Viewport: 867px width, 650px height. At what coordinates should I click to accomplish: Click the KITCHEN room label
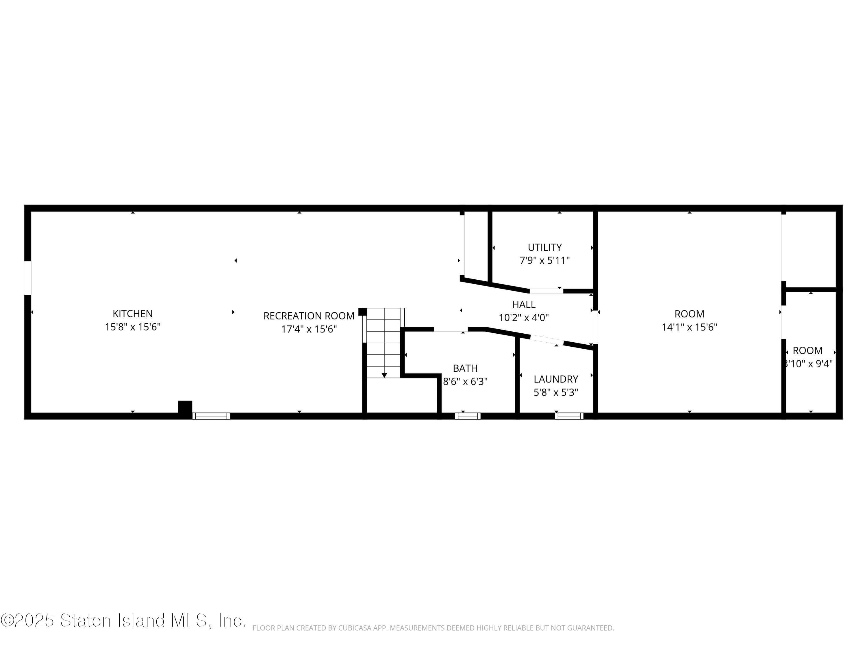pyautogui.click(x=132, y=314)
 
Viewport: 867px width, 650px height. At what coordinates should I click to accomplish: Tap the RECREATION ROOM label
pyautogui.click(x=309, y=316)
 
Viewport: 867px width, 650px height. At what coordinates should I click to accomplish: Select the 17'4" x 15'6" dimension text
pyautogui.click(x=309, y=329)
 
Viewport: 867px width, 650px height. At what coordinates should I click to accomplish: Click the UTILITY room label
pyautogui.click(x=544, y=248)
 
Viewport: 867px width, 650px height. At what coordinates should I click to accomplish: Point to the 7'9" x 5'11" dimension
pyautogui.click(x=544, y=261)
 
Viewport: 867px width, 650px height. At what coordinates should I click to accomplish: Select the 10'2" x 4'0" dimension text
pyautogui.click(x=524, y=317)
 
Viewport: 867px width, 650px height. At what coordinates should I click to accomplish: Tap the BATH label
pyautogui.click(x=465, y=368)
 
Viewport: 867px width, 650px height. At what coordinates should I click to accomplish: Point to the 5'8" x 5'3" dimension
pyautogui.click(x=556, y=392)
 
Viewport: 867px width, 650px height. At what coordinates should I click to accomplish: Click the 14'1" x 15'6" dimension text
pyautogui.click(x=690, y=327)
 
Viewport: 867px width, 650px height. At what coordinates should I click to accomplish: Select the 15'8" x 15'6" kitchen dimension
pyautogui.click(x=132, y=327)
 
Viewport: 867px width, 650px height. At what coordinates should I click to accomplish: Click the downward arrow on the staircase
pyautogui.click(x=384, y=375)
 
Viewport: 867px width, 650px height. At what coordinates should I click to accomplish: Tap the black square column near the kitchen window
pyautogui.click(x=185, y=407)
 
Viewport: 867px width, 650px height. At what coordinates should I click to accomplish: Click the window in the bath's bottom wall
pyautogui.click(x=468, y=416)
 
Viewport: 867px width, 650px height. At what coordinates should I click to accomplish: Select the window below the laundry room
pyautogui.click(x=569, y=416)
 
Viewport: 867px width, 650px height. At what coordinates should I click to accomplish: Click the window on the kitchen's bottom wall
pyautogui.click(x=211, y=416)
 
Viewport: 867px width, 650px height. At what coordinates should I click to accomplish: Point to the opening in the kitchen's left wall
pyautogui.click(x=27, y=278)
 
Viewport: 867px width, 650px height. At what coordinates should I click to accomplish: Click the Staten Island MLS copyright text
pyautogui.click(x=123, y=621)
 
